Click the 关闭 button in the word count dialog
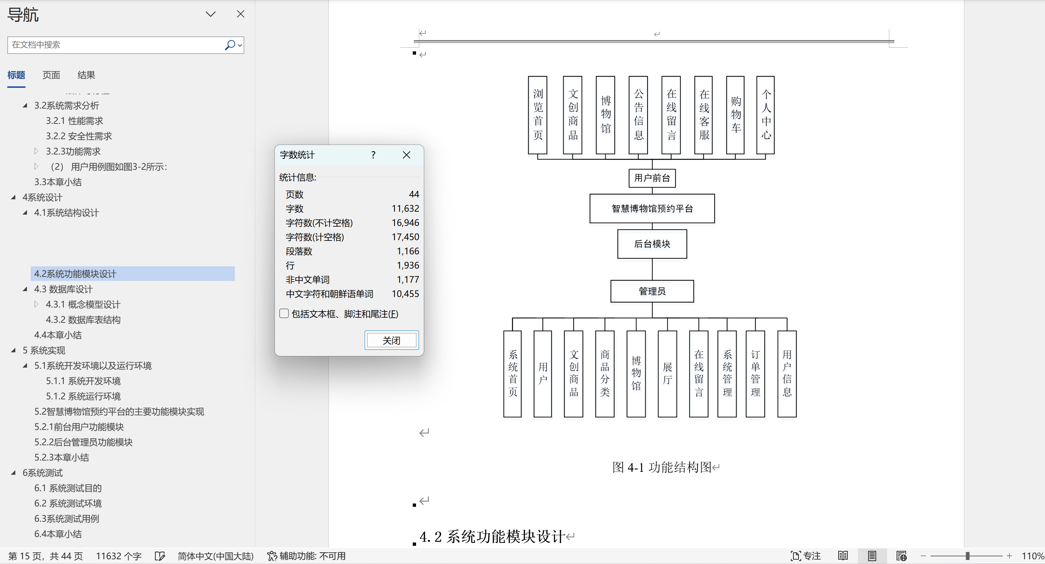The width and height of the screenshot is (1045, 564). tap(392, 340)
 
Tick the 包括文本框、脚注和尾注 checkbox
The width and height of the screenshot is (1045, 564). tap(284, 313)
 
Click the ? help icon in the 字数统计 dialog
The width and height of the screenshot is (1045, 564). tap(373, 155)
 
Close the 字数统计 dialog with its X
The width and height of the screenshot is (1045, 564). tap(407, 155)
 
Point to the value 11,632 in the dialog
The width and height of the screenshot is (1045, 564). tap(405, 208)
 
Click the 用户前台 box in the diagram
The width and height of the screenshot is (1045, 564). tap(652, 178)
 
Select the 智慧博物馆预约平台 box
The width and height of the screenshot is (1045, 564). tap(652, 208)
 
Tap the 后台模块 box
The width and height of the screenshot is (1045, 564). tap(652, 244)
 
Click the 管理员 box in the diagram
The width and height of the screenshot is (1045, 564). tap(652, 291)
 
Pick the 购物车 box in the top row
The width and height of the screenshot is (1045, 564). tap(735, 115)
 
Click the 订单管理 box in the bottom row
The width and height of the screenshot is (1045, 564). tap(755, 373)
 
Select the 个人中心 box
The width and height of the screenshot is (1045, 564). tap(765, 115)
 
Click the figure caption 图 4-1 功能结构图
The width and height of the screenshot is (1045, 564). tap(662, 467)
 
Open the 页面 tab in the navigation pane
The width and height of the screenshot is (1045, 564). tap(51, 75)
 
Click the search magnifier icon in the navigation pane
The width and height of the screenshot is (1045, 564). tap(230, 44)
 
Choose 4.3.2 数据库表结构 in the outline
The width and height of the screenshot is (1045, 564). tap(83, 320)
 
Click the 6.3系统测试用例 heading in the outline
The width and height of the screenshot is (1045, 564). tap(66, 518)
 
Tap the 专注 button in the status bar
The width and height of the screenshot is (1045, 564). tap(806, 556)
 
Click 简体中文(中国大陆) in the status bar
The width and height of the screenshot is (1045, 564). tap(215, 556)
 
